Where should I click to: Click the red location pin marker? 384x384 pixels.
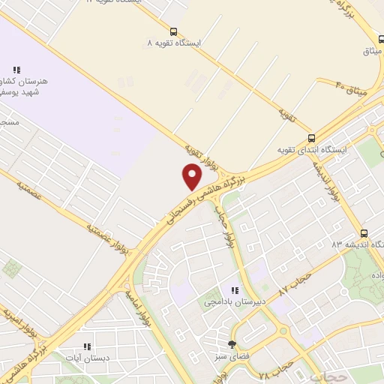(x=192, y=175)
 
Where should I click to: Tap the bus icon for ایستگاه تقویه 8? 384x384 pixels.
(x=174, y=32)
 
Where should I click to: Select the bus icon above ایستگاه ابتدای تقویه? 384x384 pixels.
(x=311, y=138)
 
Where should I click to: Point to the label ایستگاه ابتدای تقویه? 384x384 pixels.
(x=310, y=150)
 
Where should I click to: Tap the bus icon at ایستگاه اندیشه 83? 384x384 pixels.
(x=364, y=233)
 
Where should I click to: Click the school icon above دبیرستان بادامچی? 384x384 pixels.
(x=235, y=290)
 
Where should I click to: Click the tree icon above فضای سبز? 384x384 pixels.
(x=232, y=344)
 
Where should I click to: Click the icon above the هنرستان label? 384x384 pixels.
(x=16, y=70)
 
